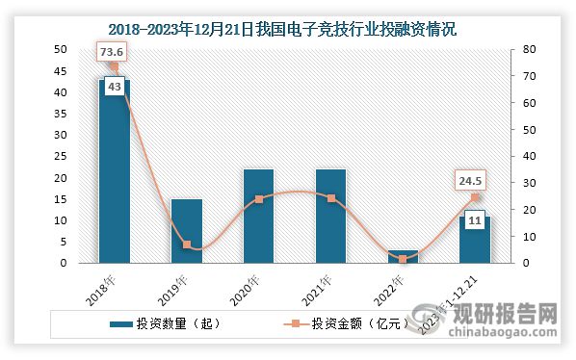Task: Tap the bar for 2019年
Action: pyautogui.click(x=187, y=231)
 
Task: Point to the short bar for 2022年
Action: pyautogui.click(x=403, y=257)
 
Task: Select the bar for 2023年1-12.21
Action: pyautogui.click(x=475, y=241)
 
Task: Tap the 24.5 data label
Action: pyautogui.click(x=472, y=180)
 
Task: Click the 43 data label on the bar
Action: pyautogui.click(x=114, y=87)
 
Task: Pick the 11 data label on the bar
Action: pyautogui.click(x=474, y=220)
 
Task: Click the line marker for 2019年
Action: pyautogui.click(x=187, y=244)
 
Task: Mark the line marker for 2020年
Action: pyautogui.click(x=258, y=199)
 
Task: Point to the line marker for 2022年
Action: pyautogui.click(x=403, y=259)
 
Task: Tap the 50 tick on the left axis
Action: pyautogui.click(x=60, y=49)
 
